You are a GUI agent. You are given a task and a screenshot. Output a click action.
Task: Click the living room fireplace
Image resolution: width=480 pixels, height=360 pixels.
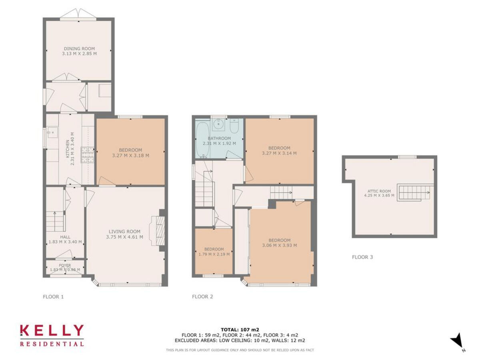[158, 231]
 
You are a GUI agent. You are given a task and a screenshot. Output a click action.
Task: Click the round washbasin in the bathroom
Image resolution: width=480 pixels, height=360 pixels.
[218, 124]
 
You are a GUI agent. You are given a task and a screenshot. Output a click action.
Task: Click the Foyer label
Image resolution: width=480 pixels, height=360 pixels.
[65, 265]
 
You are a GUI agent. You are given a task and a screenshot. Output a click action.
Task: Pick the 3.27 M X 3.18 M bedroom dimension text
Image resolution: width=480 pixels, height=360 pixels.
[131, 156]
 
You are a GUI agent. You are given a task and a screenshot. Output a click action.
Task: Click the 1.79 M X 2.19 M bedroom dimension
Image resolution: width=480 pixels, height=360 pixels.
[214, 254]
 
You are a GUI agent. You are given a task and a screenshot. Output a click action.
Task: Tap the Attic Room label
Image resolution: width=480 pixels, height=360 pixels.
[380, 191]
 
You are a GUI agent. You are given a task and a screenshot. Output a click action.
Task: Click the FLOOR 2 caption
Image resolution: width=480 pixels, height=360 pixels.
[202, 297]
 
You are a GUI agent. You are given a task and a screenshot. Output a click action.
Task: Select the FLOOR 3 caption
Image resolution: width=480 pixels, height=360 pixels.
[362, 257]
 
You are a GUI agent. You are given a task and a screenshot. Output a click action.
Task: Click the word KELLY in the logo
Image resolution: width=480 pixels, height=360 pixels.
[52, 331]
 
